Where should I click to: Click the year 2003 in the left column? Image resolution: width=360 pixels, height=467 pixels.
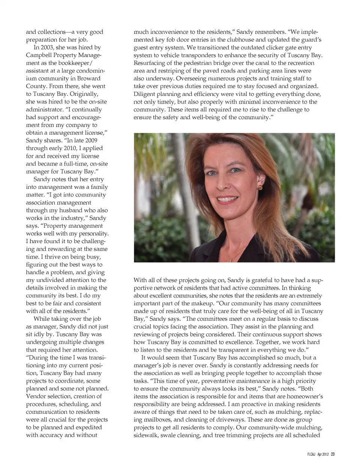coord(48,48)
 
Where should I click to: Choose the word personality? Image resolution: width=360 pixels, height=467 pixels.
coord(94,233)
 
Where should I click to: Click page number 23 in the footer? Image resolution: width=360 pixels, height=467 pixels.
coord(333,454)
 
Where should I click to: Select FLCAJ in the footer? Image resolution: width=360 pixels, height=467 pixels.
coord(311,454)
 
